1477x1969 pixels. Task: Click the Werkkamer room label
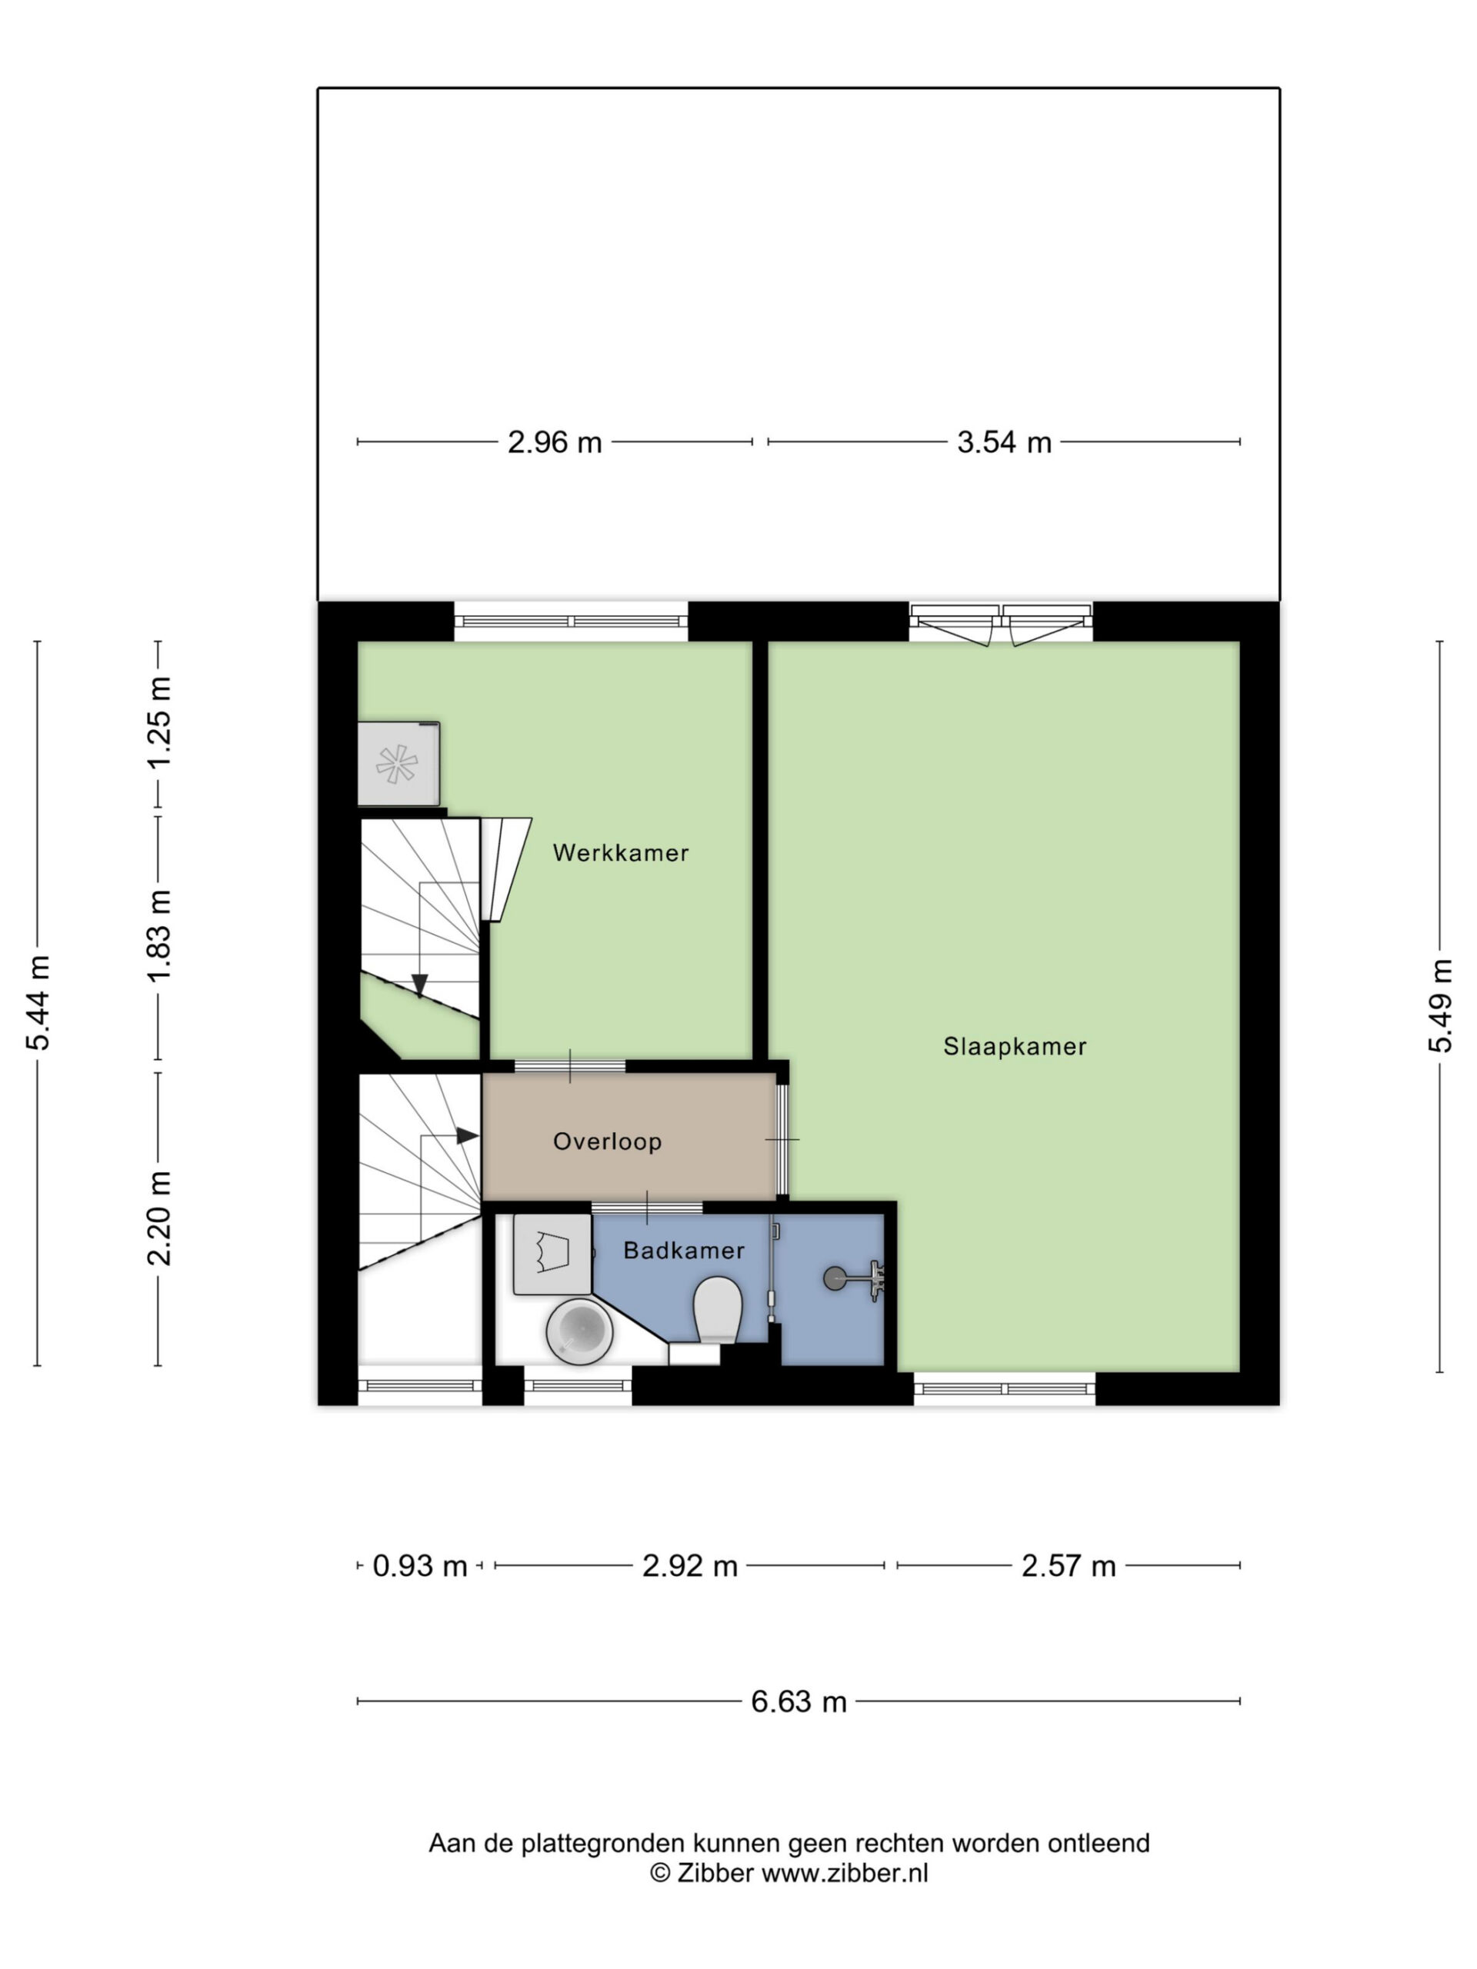tap(621, 853)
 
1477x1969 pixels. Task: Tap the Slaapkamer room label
tap(1015, 1047)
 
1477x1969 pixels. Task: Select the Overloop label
tap(607, 1141)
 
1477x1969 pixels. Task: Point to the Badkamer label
tap(684, 1251)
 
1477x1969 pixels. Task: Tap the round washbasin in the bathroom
tap(579, 1331)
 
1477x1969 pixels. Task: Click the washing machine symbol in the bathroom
tap(553, 1255)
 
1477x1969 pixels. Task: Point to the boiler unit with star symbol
tap(398, 764)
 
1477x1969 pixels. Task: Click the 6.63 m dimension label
tap(799, 1702)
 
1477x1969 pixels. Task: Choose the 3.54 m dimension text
tap(1004, 442)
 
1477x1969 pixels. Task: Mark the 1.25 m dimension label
tap(159, 723)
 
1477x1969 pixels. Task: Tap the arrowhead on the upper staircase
tap(419, 985)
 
